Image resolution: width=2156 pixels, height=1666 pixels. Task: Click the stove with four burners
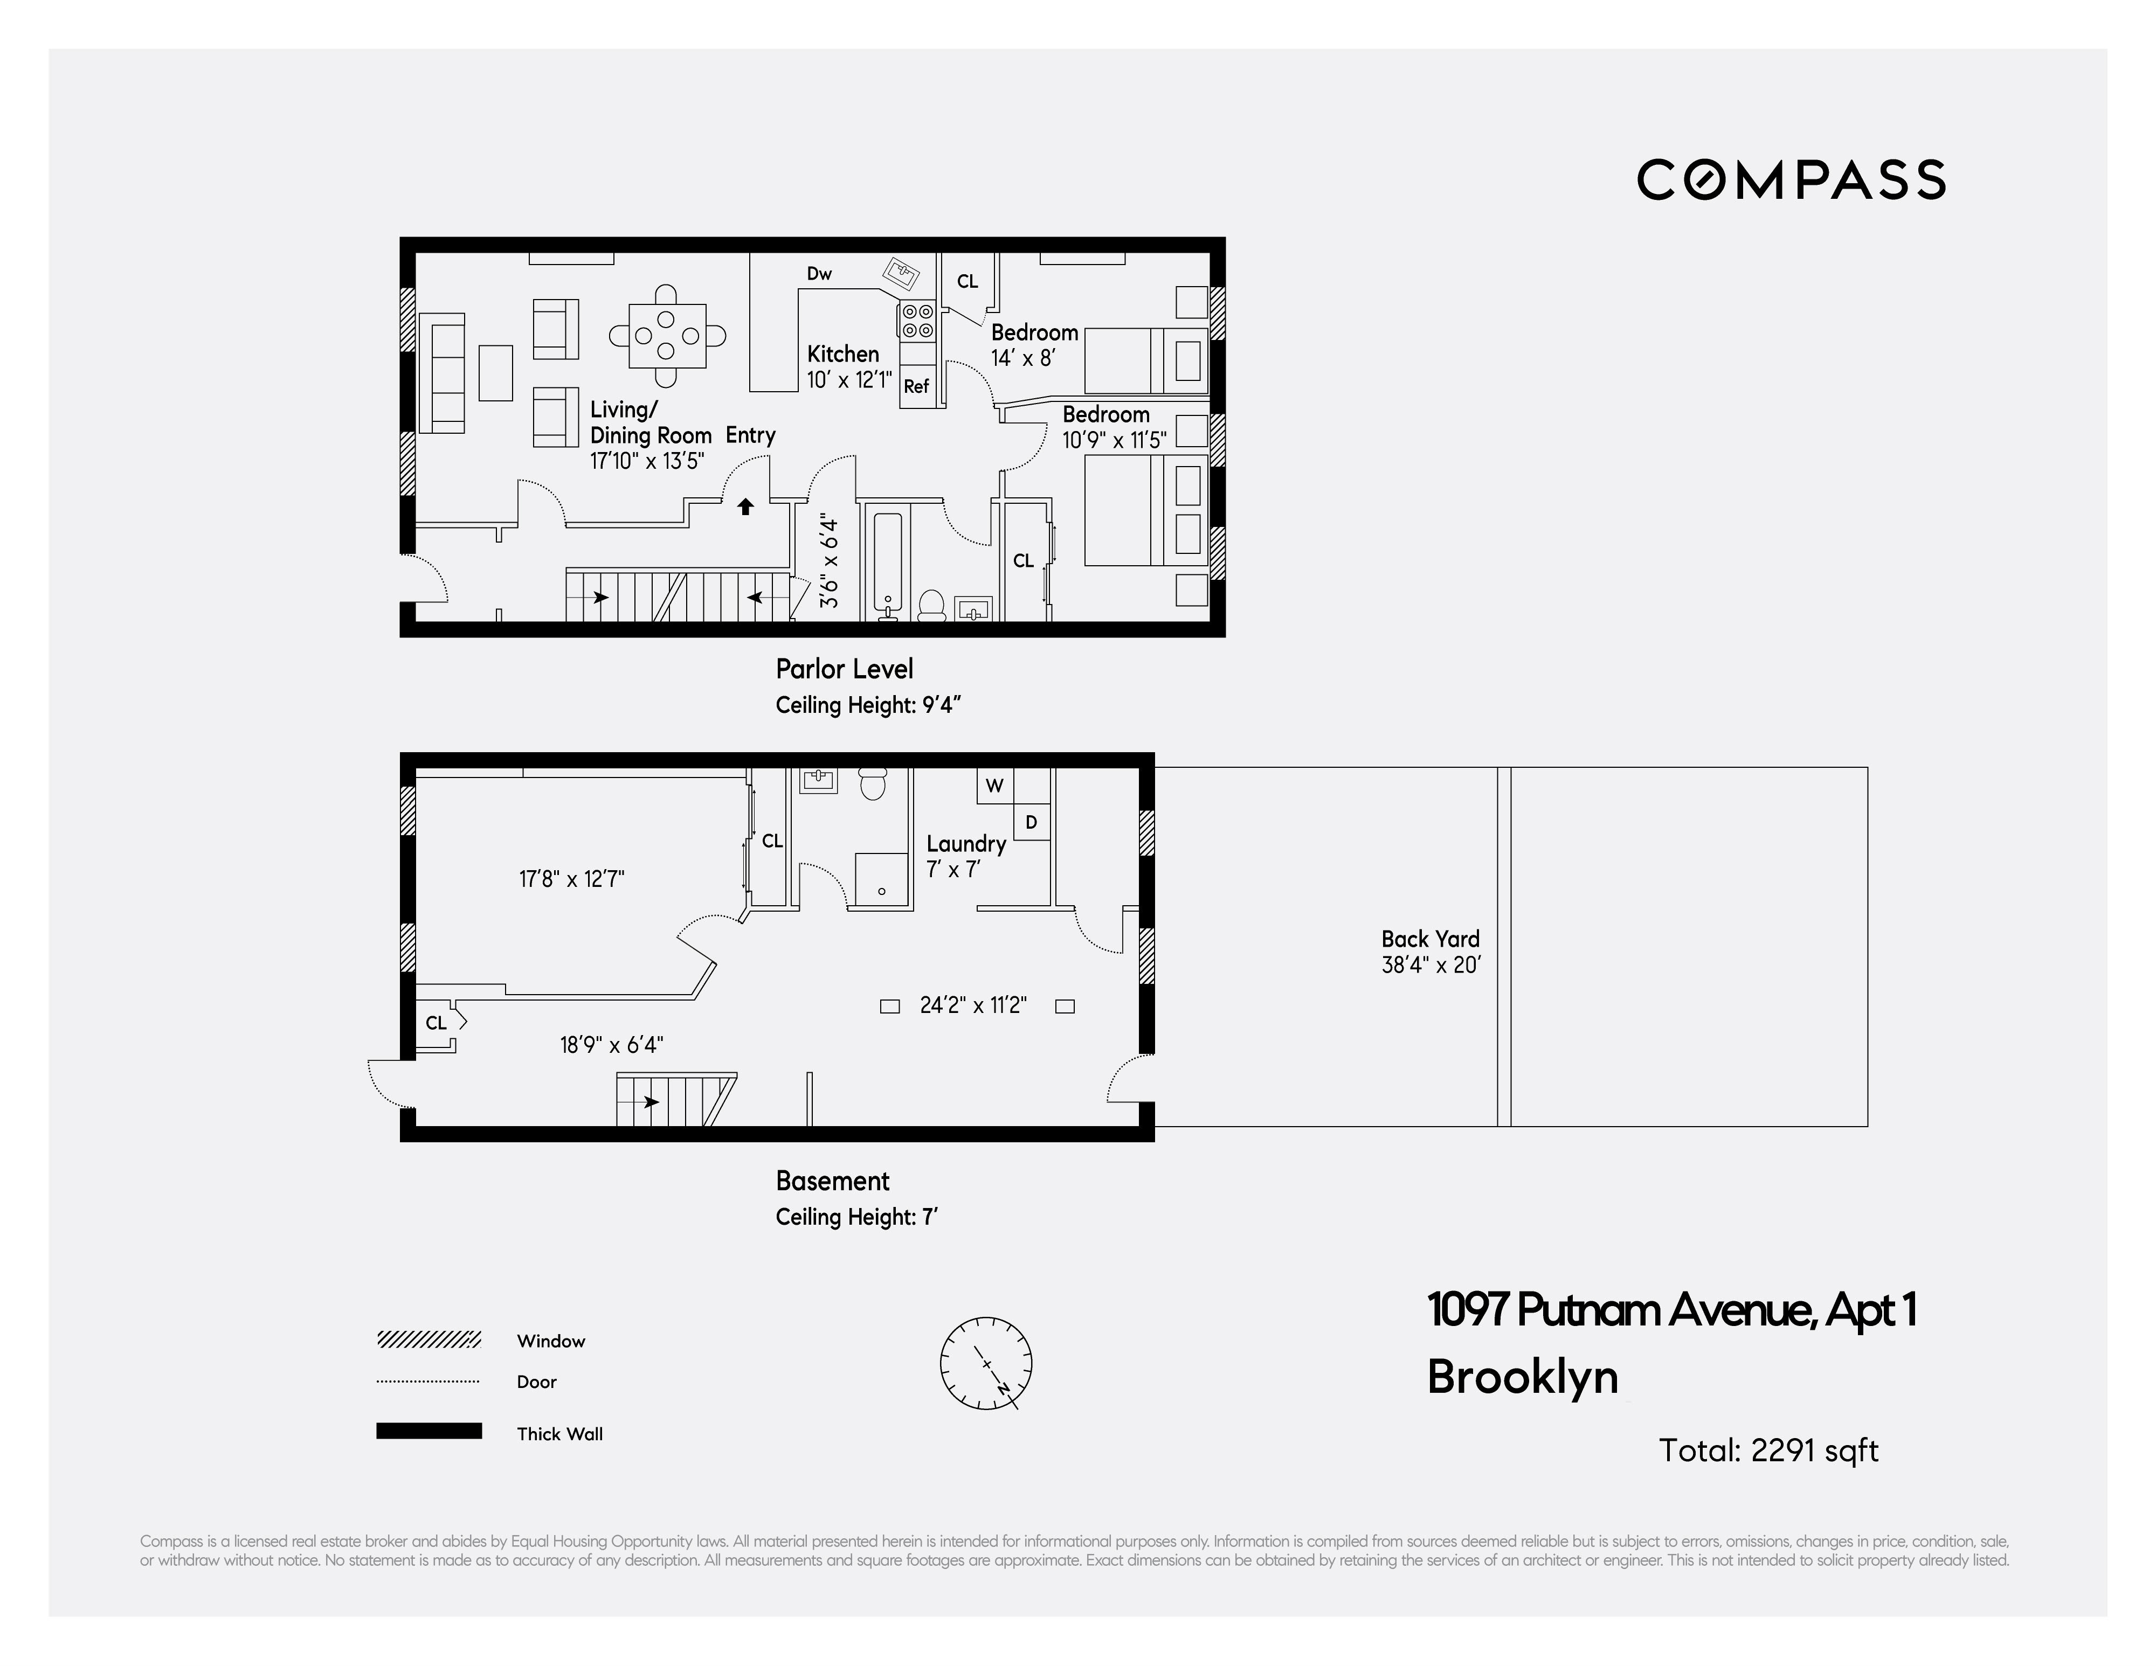(x=916, y=320)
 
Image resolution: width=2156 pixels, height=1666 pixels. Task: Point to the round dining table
(x=667, y=336)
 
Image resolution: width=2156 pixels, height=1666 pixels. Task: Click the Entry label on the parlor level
(x=750, y=435)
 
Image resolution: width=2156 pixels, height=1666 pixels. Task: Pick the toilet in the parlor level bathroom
(x=932, y=604)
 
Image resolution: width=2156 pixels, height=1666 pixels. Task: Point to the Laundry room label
(x=965, y=844)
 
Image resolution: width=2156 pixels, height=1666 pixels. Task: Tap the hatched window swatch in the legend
(x=429, y=1339)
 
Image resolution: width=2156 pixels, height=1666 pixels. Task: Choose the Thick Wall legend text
(x=559, y=1434)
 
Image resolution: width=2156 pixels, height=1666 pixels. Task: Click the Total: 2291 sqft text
(x=1768, y=1450)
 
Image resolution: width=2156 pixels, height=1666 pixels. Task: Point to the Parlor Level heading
(x=844, y=669)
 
